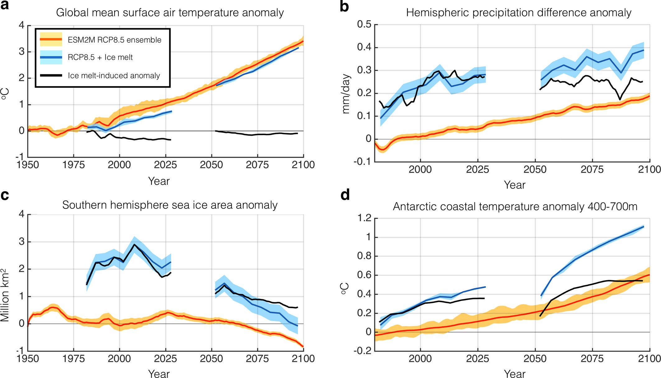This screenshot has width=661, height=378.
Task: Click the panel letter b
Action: click(x=344, y=7)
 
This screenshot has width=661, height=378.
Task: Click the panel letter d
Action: click(x=345, y=195)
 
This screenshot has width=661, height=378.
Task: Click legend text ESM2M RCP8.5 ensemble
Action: click(x=114, y=40)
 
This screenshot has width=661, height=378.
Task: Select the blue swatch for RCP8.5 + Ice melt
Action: click(x=51, y=58)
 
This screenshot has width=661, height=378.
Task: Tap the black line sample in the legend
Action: click(x=51, y=75)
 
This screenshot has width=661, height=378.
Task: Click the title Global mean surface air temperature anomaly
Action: click(x=170, y=13)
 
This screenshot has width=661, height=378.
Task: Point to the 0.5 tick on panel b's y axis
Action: click(x=364, y=25)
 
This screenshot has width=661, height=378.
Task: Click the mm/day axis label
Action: click(x=346, y=94)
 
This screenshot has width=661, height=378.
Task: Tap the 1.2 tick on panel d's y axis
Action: click(x=364, y=218)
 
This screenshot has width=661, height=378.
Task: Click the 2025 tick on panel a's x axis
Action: click(x=165, y=165)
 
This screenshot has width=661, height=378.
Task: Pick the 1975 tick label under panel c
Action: click(x=73, y=359)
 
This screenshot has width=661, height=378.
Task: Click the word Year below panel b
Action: click(x=514, y=185)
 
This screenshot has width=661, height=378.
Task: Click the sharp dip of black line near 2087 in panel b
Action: click(x=620, y=100)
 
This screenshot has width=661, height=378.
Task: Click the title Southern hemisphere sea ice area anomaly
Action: click(x=170, y=205)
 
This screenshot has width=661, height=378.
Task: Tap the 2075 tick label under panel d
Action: click(x=592, y=359)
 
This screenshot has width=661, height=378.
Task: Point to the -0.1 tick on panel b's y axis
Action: click(x=362, y=161)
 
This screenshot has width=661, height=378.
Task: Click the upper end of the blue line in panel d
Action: click(x=643, y=227)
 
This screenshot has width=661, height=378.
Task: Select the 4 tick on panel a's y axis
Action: click(x=21, y=25)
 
